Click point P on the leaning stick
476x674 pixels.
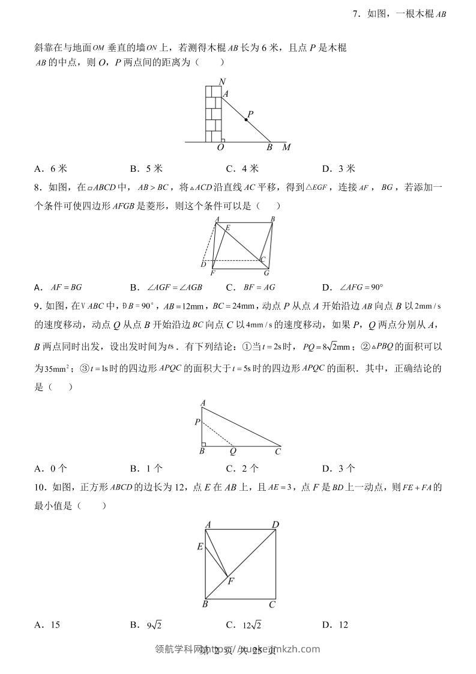[x=246, y=120]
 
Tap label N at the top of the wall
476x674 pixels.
[x=223, y=82]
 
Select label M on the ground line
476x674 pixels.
[x=286, y=148]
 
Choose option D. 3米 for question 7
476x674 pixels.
[x=339, y=169]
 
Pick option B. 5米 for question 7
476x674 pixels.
[x=146, y=169]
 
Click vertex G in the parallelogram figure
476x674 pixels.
[x=267, y=273]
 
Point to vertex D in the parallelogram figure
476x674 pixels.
[x=203, y=265]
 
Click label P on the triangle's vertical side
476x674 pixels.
[x=197, y=422]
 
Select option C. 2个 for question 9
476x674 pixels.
[x=243, y=469]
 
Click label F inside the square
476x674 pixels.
[x=230, y=581]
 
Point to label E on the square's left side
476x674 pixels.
[x=200, y=547]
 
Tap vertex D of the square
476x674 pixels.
[x=276, y=525]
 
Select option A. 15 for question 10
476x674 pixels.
[x=47, y=625]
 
